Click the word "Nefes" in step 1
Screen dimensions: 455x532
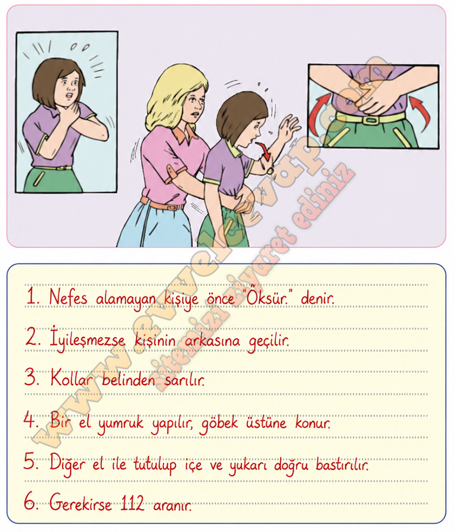pyautogui.click(x=68, y=297)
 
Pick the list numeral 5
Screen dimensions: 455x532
pyautogui.click(x=31, y=462)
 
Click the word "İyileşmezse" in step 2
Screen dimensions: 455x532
pyautogui.click(x=87, y=340)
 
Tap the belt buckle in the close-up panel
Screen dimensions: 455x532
pyautogui.click(x=371, y=120)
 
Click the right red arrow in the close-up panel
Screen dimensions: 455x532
pyautogui.click(x=421, y=113)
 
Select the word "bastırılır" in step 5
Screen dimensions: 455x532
pyautogui.click(x=342, y=464)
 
